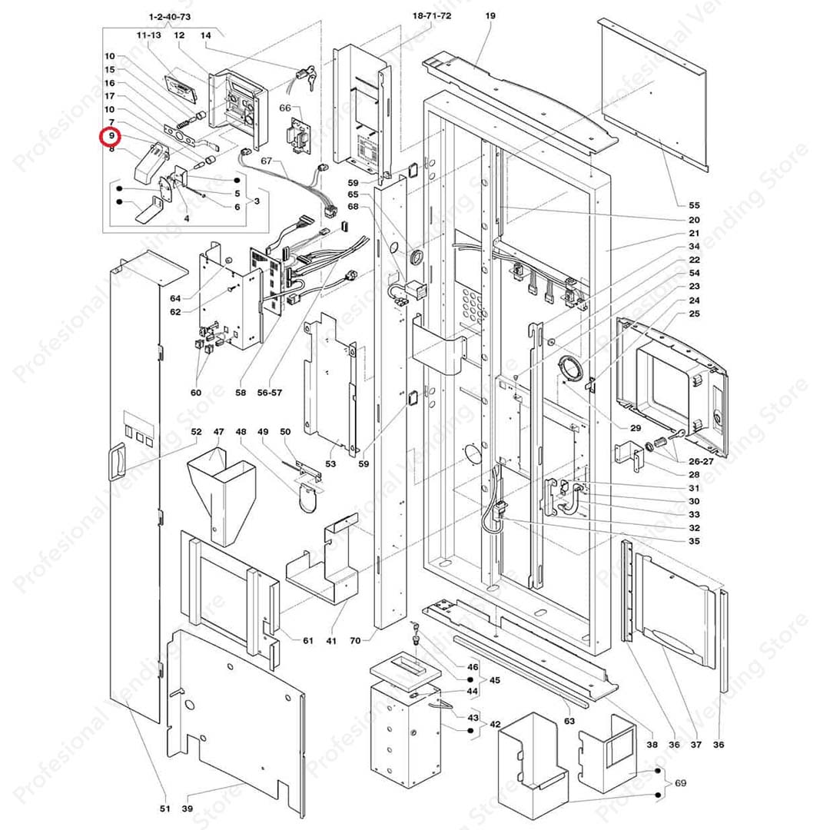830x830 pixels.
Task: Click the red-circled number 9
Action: coord(111,136)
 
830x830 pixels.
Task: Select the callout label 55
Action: coord(694,205)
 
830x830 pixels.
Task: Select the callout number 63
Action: coord(569,721)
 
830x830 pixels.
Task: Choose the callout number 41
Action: coord(331,640)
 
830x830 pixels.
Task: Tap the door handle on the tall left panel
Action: coord(119,462)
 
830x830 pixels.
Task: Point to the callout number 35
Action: coord(694,541)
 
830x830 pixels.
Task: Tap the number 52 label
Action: coord(196,432)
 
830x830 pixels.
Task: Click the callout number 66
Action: coord(285,108)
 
